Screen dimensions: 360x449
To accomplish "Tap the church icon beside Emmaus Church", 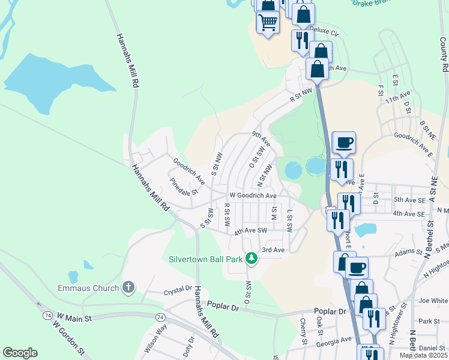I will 128,288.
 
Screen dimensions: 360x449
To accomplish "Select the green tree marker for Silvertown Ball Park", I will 252,259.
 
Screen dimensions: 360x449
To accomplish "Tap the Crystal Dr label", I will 177,293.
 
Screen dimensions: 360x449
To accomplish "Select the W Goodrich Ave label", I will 253,196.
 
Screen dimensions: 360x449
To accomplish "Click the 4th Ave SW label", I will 250,231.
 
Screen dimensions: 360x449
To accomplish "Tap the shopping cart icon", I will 267,22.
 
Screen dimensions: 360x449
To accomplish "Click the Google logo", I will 20,353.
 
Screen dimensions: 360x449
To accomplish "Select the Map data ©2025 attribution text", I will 423,355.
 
